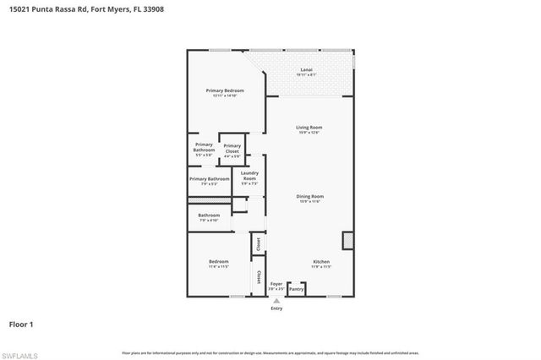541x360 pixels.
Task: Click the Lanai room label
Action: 306,69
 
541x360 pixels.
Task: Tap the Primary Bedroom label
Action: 225,90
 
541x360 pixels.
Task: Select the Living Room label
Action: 309,128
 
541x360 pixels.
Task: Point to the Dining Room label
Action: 310,196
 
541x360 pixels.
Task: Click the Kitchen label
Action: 321,262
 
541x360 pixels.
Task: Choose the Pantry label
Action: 296,290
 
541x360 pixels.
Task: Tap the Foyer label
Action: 276,285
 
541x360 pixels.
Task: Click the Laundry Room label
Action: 249,176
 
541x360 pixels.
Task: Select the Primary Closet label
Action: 232,148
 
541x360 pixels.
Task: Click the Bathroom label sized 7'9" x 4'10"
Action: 209,215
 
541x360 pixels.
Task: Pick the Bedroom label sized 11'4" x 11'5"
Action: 218,262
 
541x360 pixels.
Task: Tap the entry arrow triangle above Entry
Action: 276,301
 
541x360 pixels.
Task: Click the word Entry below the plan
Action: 276,308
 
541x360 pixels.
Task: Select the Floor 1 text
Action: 21,325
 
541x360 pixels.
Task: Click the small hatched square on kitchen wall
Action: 347,241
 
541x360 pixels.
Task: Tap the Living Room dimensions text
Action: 309,133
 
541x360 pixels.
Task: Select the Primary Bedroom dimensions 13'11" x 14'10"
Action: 225,95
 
